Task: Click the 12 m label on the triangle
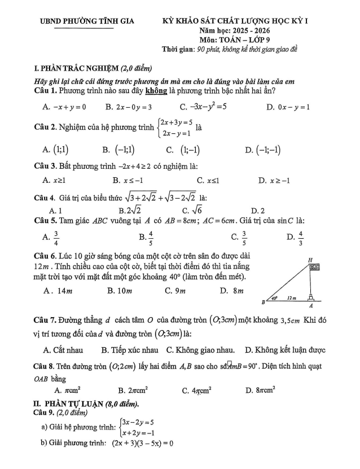(x=291, y=296)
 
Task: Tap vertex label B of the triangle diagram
(x=263, y=302)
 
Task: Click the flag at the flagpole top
(x=314, y=266)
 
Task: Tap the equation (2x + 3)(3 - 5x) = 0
(x=142, y=442)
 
